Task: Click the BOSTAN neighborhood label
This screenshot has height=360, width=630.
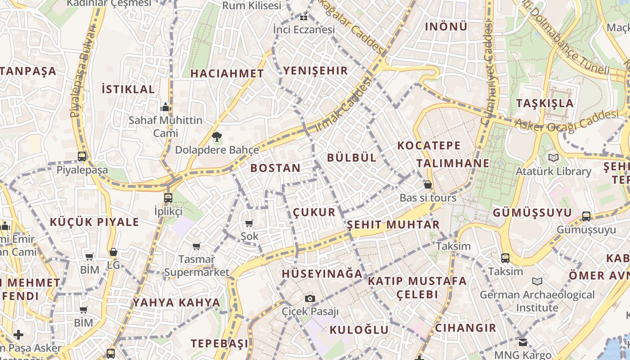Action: point(275,168)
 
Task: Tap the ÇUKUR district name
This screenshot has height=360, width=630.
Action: point(314,212)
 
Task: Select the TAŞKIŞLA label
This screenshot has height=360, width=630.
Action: point(545,103)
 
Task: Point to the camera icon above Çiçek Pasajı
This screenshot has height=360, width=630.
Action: point(310,298)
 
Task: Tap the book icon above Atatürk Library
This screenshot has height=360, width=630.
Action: point(553,158)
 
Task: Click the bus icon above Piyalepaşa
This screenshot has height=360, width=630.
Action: point(82,157)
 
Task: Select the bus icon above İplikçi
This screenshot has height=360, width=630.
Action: point(168,198)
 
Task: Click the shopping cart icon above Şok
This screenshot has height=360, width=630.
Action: point(249,223)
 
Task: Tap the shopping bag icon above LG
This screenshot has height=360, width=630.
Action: point(113,252)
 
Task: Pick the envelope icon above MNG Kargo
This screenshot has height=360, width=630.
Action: point(522,342)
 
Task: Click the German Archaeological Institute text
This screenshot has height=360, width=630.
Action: point(537,301)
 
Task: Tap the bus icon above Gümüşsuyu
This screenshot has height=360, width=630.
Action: point(586,216)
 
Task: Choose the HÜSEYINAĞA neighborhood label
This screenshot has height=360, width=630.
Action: point(322,274)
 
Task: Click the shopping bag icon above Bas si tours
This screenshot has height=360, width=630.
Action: point(428,184)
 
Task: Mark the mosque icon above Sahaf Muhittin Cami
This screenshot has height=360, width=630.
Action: point(166,107)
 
